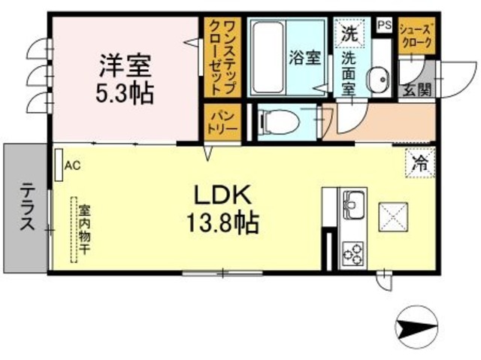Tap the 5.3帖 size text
(125, 94)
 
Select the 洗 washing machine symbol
(349, 33)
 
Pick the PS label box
(383, 25)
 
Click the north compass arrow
(416, 325)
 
